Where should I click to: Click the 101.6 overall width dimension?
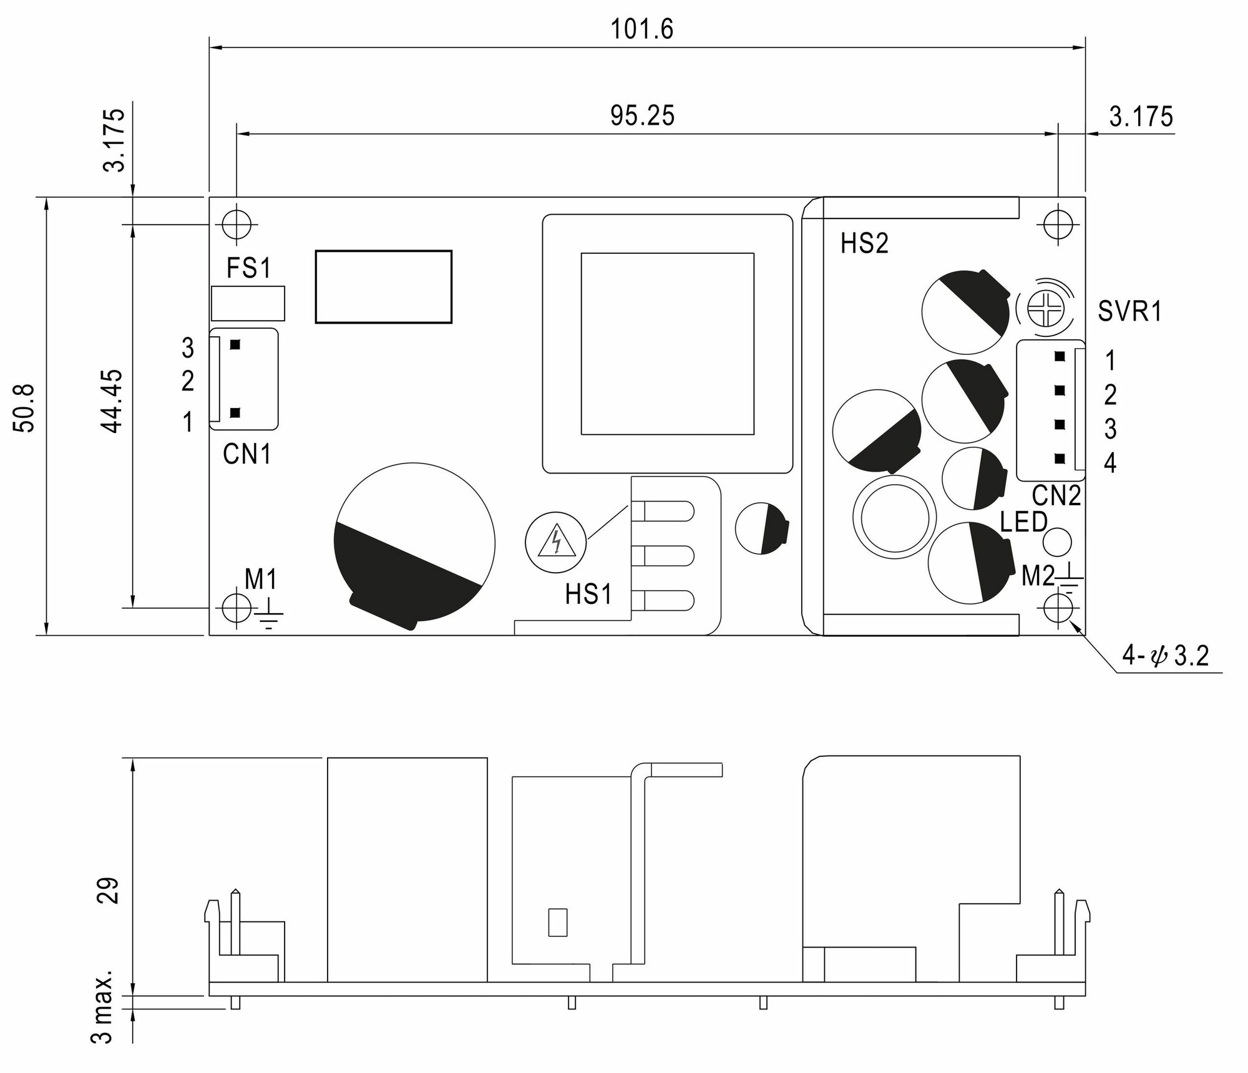642,29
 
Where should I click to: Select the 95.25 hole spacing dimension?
642,116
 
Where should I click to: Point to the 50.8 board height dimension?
26,409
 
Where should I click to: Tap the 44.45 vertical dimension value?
113,401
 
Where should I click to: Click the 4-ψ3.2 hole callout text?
1165,656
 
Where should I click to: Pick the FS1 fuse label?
248,268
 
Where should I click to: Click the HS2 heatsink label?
864,244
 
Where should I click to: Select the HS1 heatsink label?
588,595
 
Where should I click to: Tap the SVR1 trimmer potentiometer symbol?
1043,309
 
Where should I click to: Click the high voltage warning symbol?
556,541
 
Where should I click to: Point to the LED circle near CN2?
1057,541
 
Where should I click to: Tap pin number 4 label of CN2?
1109,463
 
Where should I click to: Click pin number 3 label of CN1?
188,348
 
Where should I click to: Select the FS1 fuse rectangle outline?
248,303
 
